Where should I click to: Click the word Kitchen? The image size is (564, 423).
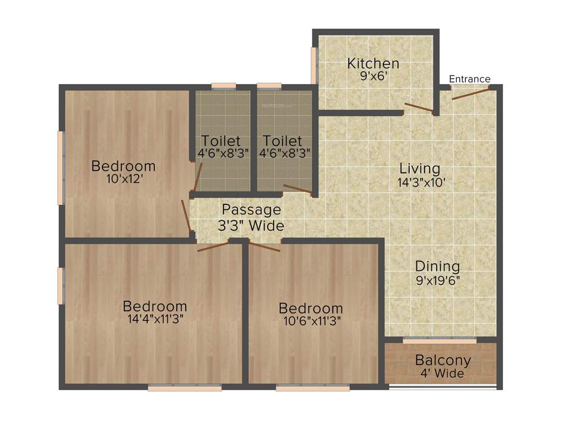click(x=373, y=63)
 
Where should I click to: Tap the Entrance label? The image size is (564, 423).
click(x=469, y=79)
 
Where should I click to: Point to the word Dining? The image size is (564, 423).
click(x=437, y=266)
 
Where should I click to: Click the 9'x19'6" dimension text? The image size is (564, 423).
click(x=438, y=280)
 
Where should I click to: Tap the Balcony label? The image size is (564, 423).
click(x=443, y=361)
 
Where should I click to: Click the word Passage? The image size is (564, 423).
click(x=251, y=210)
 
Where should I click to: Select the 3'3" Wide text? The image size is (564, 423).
click(x=251, y=226)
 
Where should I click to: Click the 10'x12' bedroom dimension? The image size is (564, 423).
click(x=124, y=179)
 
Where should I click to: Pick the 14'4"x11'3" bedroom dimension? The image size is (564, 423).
click(x=155, y=319)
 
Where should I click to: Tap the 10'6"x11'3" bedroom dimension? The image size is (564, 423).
click(x=311, y=321)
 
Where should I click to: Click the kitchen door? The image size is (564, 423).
click(x=419, y=107)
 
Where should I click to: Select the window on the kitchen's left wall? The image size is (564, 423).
click(x=316, y=66)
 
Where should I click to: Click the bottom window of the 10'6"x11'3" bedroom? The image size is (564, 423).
click(x=312, y=388)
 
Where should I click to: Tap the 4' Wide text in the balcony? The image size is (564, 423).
click(x=443, y=374)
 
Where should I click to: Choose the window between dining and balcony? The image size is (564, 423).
click(x=439, y=341)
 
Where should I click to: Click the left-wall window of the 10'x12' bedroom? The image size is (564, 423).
click(x=61, y=167)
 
